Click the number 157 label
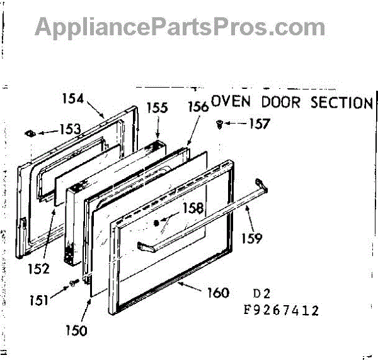258,124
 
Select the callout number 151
40,301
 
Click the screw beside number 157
219,124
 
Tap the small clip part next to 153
30,134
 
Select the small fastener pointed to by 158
157,223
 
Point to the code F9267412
282,310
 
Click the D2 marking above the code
261,294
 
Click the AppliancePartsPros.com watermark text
180,26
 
